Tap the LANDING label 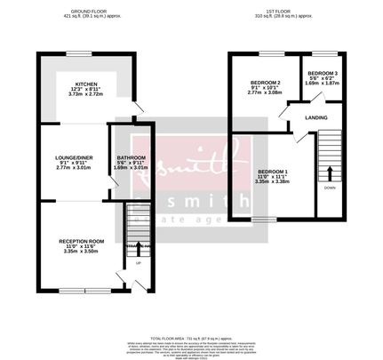point(316,116)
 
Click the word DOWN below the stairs point(331,188)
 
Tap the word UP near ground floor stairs point(139,263)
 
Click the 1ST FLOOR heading point(280,12)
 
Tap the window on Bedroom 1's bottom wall point(263,218)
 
